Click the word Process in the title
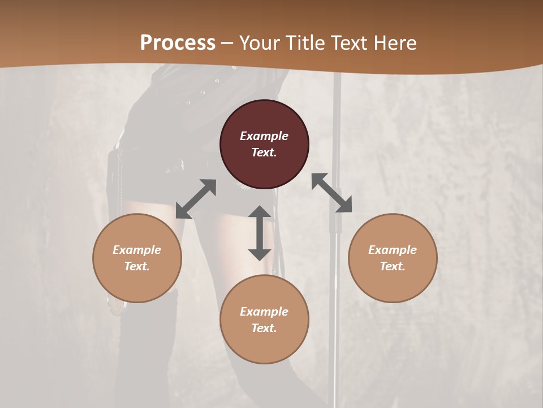tap(178, 43)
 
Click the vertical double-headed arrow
tap(260, 233)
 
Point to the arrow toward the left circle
tap(196, 199)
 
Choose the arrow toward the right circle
tap(331, 193)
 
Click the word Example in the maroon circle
tap(264, 136)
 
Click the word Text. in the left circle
tap(137, 266)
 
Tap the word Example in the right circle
tap(393, 250)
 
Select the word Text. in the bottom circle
tap(264, 328)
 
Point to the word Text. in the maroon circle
tap(264, 152)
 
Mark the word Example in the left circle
tap(137, 250)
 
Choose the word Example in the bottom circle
tap(264, 312)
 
